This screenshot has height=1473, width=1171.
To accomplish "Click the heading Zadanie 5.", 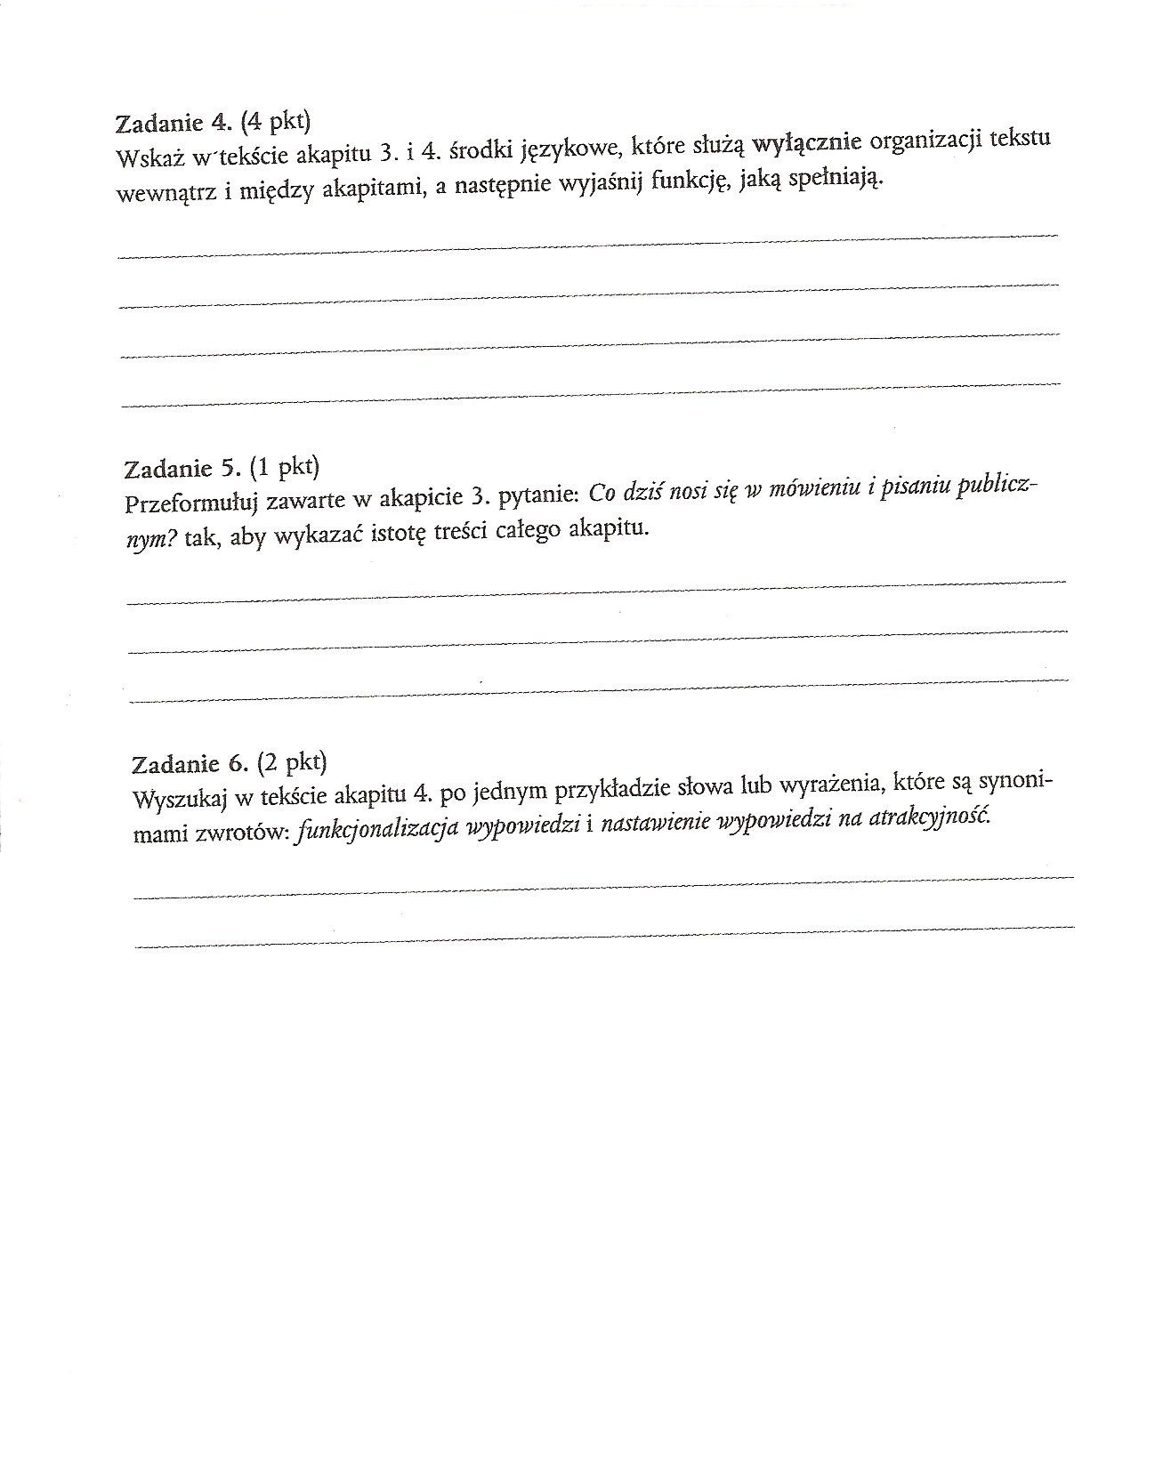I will [182, 468].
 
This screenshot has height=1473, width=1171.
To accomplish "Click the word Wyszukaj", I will [176, 799].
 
